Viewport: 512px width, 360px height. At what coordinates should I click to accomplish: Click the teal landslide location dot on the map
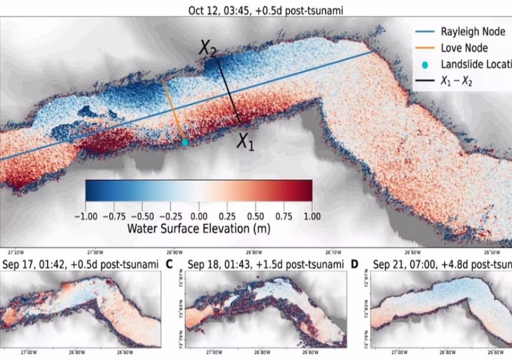pyautogui.click(x=184, y=142)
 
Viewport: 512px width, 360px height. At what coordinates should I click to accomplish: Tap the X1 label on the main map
pyautogui.click(x=245, y=142)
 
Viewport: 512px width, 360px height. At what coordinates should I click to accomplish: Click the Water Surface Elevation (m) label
pyautogui.click(x=198, y=228)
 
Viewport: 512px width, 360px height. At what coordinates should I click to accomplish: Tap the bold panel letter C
pyautogui.click(x=168, y=263)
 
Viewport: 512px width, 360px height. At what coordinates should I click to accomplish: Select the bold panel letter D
pyautogui.click(x=354, y=263)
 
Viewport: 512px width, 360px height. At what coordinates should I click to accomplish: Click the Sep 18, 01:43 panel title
pyautogui.click(x=266, y=264)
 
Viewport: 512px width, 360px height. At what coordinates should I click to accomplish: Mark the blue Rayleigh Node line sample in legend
pyautogui.click(x=424, y=32)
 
